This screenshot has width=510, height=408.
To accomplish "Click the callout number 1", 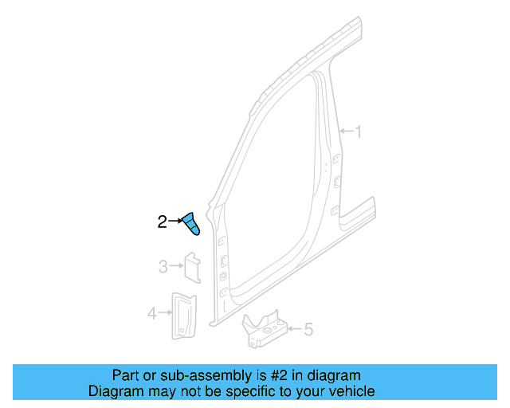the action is [358, 131].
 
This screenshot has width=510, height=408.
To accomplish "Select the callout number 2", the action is [162, 222].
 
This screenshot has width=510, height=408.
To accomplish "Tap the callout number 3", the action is [163, 267].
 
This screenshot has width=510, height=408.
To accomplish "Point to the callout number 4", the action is [151, 314].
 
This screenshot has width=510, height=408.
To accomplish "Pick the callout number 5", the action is [309, 328].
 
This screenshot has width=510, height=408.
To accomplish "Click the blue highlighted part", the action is [191, 225].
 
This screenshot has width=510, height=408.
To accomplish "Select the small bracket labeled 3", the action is [192, 267].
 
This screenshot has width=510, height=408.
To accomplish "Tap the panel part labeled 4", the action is [184, 315].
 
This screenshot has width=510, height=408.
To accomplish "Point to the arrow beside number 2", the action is [175, 222].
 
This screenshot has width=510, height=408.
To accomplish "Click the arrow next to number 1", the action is [345, 131].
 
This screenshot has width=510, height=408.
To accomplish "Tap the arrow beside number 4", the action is [164, 314].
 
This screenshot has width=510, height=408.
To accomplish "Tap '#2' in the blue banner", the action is [281, 375].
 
